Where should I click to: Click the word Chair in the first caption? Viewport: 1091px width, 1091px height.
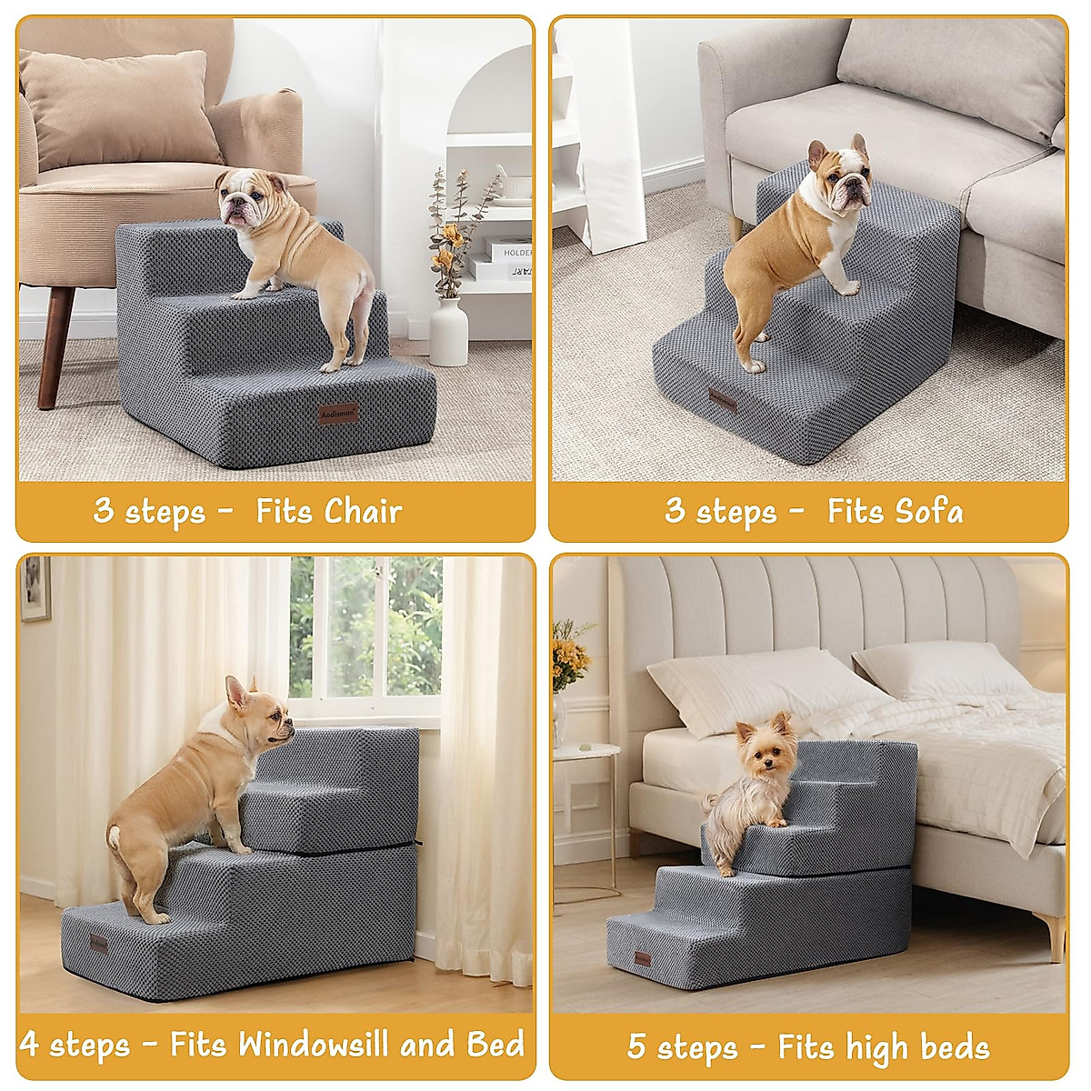363,511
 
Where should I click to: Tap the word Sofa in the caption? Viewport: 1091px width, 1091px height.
928,511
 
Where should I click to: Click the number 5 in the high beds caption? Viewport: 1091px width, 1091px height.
637,1046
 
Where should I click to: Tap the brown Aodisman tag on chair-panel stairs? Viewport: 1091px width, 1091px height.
339,414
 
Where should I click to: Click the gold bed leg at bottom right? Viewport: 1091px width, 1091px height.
1056,936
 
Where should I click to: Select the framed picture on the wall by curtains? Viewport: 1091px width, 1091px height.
35,588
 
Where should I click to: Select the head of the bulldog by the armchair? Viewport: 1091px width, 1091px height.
243,196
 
